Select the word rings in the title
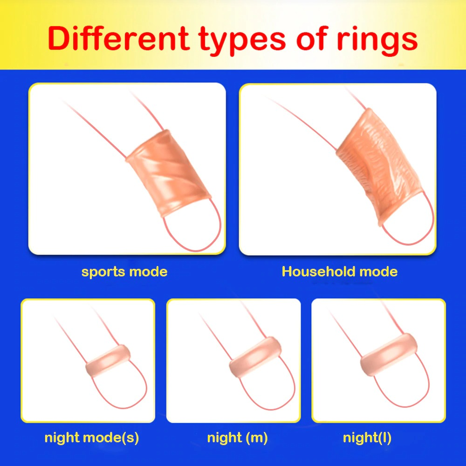(x=377, y=41)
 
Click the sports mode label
(x=124, y=272)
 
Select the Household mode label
(x=339, y=271)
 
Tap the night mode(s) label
(x=91, y=438)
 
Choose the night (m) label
(x=237, y=438)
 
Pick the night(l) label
(x=367, y=438)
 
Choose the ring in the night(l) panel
(x=389, y=355)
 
